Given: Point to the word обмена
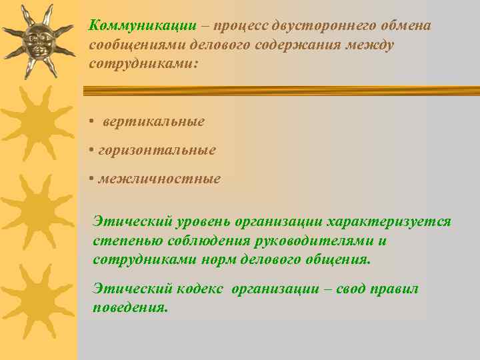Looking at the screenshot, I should click(x=405, y=25).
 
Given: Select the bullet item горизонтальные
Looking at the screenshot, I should click(x=157, y=150).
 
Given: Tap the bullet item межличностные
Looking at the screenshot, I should click(x=159, y=179).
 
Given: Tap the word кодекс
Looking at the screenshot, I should click(x=201, y=289).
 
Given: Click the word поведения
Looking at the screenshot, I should click(x=131, y=308).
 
